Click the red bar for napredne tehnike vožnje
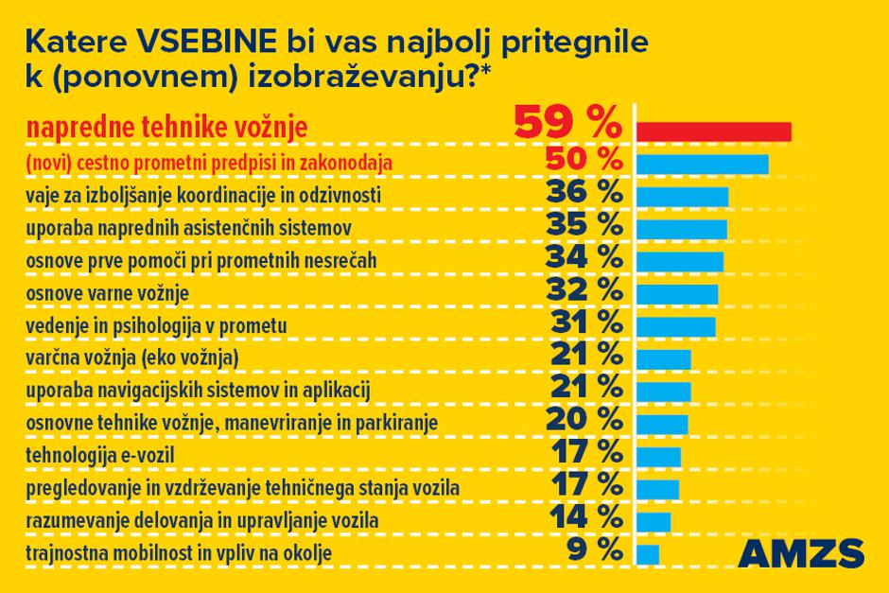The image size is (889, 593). (714, 131)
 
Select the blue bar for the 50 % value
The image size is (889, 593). (703, 165)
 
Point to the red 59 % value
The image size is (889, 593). (567, 124)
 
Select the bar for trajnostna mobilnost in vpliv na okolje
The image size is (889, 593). (649, 553)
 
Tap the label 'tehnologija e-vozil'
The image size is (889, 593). (100, 455)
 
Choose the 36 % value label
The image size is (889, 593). (584, 193)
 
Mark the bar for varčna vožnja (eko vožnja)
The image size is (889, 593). (665, 358)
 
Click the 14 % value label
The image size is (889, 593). (584, 517)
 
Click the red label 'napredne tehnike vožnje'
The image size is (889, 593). (166, 129)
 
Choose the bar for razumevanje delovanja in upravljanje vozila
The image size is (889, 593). (654, 521)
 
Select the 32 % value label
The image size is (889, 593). (584, 291)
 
